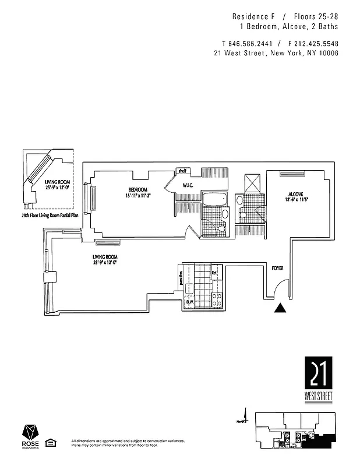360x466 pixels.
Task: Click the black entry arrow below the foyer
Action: point(281,309)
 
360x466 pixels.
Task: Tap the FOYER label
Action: point(277,269)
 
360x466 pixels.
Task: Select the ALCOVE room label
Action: point(296,194)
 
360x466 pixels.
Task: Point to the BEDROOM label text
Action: point(138,190)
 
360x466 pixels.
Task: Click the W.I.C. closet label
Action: point(188,186)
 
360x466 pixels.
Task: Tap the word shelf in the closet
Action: point(182,171)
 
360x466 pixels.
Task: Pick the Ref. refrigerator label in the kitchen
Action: point(214,273)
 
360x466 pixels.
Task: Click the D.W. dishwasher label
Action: point(189,302)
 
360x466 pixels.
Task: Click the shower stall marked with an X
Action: point(253,182)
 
